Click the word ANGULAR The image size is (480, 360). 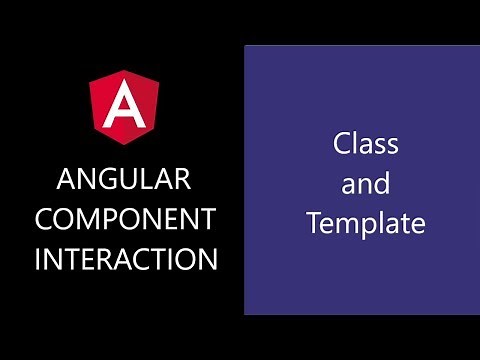pos(124,181)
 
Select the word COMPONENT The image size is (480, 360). pos(125,220)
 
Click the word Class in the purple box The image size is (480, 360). pos(365,144)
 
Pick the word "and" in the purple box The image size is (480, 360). pos(365,184)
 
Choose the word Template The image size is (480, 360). pos(365,224)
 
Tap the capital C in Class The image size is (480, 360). pos(342,144)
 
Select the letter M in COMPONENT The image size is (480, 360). pos(95,220)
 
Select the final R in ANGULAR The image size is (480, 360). pos(181,181)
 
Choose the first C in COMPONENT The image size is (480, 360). pos(46,220)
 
